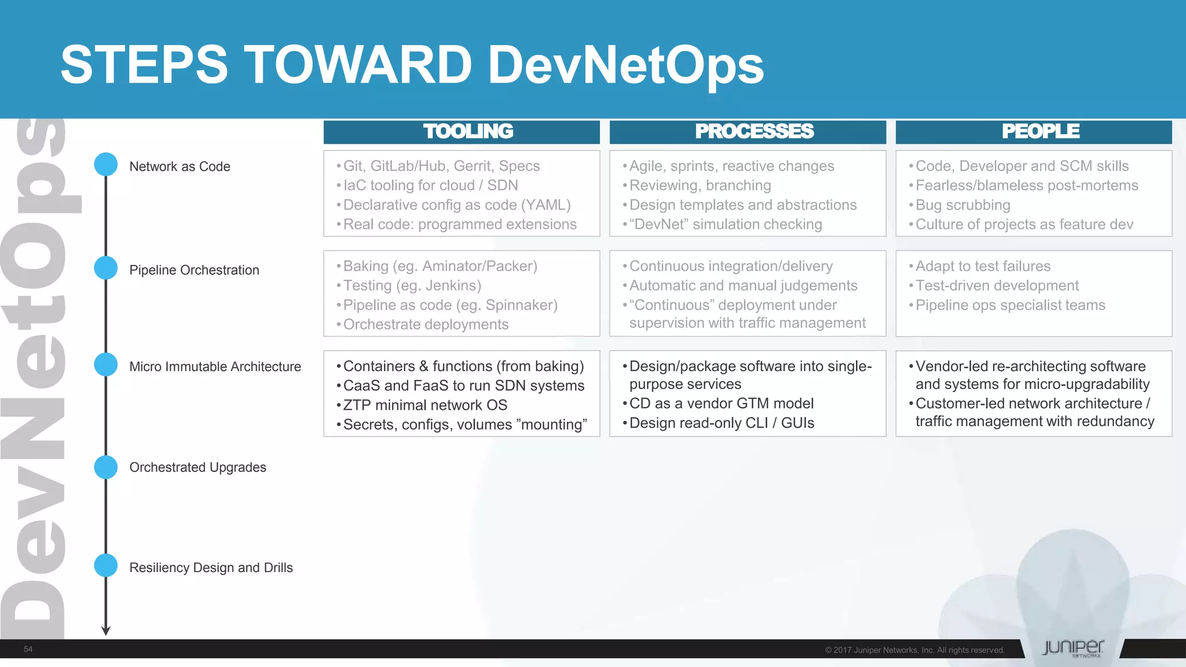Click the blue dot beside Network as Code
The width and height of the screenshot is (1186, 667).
pyautogui.click(x=106, y=164)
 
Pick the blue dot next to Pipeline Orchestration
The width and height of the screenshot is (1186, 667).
pyautogui.click(x=106, y=268)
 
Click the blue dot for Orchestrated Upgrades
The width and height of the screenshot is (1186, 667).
pyautogui.click(x=106, y=467)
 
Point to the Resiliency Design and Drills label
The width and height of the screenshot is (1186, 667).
pyautogui.click(x=211, y=567)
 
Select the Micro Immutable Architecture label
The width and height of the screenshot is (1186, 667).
pyautogui.click(x=215, y=367)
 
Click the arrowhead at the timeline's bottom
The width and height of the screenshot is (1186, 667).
pyautogui.click(x=106, y=631)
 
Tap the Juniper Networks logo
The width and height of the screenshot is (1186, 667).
pyautogui.click(x=1072, y=648)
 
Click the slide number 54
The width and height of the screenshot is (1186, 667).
pyautogui.click(x=28, y=649)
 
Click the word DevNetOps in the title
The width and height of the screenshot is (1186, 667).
pyautogui.click(x=625, y=65)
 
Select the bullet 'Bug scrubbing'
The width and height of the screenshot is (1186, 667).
pyautogui.click(x=962, y=205)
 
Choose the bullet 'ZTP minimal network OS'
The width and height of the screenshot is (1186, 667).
pyautogui.click(x=425, y=405)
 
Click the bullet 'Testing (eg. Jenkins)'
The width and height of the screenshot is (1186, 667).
pyautogui.click(x=412, y=285)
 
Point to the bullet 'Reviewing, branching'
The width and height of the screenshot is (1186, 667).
pyautogui.click(x=700, y=185)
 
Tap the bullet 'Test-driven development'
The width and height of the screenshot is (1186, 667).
pyautogui.click(x=997, y=285)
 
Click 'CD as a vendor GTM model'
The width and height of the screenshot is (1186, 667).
pyautogui.click(x=721, y=404)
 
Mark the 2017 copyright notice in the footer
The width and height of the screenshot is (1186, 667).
pyautogui.click(x=914, y=650)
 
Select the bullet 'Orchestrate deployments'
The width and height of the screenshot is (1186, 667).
pyautogui.click(x=426, y=324)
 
